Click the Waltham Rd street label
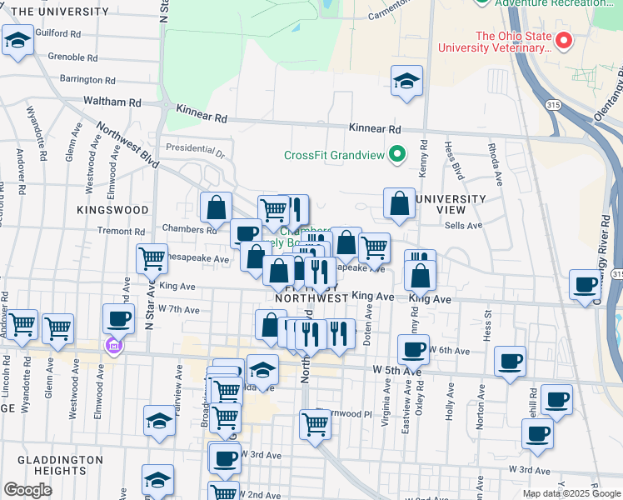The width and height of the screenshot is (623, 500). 112,102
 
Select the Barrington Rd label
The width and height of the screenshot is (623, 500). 87,80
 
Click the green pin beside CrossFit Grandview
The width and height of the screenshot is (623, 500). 397,154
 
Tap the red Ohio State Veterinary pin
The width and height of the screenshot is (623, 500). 564,40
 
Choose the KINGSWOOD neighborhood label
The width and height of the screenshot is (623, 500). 113,210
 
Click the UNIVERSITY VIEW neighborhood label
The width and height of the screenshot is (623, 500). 451,204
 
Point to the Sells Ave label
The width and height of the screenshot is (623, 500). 464,226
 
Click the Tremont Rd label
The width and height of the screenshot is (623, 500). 122,231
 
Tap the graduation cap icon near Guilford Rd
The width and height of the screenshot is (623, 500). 17,40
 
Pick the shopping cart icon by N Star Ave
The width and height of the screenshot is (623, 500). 152,258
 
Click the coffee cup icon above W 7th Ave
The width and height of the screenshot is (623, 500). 118,318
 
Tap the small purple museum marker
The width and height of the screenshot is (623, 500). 112,346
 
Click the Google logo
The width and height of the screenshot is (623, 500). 27,489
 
